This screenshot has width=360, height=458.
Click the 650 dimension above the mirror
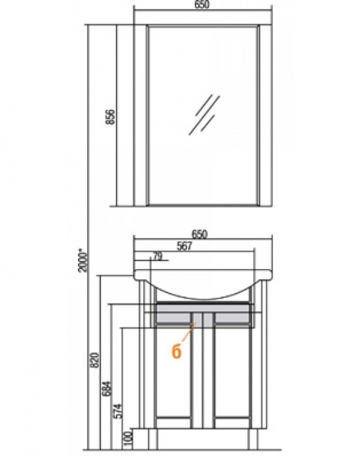pos(202,4)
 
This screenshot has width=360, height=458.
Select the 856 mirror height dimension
pos(110,117)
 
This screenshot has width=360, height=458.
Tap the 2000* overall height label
pos(83,261)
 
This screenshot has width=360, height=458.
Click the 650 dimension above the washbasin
pos(200,234)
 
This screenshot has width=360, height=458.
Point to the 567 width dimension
pos(185,246)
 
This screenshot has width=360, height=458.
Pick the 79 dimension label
pos(157,256)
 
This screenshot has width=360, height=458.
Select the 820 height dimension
pos(95,360)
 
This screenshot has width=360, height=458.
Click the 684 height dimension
pos(107,388)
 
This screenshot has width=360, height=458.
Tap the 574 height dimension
pos(118,411)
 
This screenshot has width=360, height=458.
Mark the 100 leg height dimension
pos(128,439)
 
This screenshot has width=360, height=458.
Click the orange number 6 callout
pos(176,351)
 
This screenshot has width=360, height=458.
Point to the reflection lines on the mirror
pos(205,115)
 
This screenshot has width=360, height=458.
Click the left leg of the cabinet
pos(153,439)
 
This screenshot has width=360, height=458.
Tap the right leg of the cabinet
pos(253,439)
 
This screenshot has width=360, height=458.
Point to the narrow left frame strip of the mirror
pos(140,116)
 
